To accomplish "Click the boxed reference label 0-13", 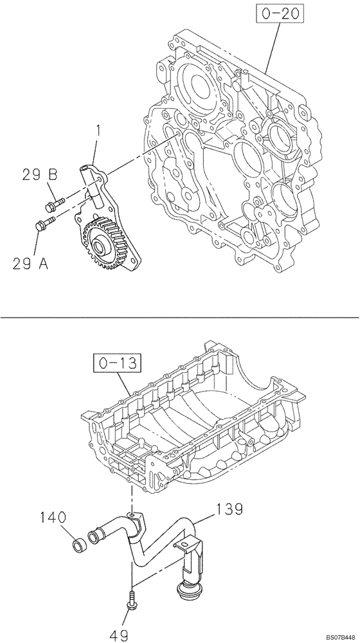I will [114, 365].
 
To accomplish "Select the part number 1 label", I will [98, 132].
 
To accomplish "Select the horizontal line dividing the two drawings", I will [180, 317].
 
